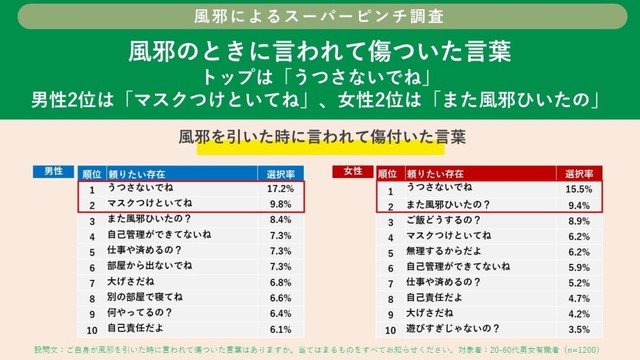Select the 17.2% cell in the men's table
(x=280, y=188)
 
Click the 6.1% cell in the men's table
(x=280, y=329)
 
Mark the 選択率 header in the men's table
(x=280, y=172)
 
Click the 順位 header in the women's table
(x=391, y=172)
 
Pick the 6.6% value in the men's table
(x=280, y=298)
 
